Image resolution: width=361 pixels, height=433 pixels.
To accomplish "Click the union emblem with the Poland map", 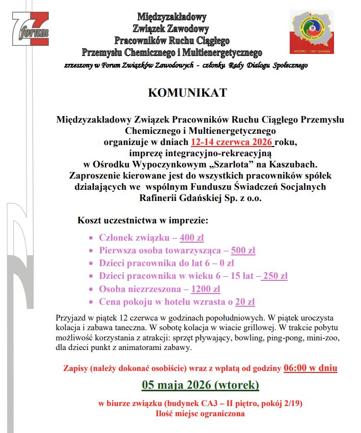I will (311, 30).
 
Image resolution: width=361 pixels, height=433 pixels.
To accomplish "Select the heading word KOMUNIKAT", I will (187, 93).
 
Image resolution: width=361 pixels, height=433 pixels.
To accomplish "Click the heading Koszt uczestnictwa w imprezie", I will (143, 221).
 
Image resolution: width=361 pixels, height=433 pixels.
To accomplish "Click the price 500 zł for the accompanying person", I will (243, 250).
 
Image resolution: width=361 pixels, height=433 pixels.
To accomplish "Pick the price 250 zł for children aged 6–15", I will (275, 276).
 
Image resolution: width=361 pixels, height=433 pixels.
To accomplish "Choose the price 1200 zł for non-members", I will (205, 289).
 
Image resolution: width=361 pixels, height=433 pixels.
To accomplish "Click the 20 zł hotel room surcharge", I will (245, 302).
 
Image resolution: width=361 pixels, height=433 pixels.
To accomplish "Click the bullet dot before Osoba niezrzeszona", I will (91, 290).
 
